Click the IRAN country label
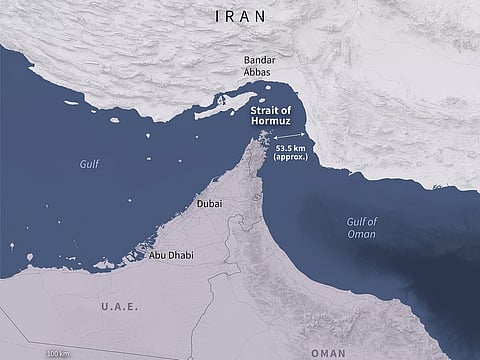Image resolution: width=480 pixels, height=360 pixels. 239,16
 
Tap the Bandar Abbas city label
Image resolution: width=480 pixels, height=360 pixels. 260,65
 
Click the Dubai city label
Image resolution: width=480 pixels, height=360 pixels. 210,203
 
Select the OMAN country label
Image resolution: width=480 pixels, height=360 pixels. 327,352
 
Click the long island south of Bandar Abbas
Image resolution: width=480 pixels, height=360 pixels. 217,112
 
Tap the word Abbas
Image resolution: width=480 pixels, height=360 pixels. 260,72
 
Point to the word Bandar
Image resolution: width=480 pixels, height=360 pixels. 260,59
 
